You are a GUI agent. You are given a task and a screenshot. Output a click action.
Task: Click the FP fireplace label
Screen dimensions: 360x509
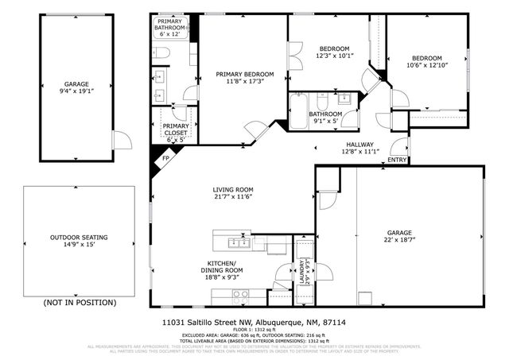pos(165,157)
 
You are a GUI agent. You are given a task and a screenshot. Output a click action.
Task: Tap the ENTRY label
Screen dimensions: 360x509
pos(396,161)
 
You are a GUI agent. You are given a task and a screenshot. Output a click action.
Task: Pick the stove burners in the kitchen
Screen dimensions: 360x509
pos(238,294)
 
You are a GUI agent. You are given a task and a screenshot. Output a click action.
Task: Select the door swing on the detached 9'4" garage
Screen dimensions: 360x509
pos(122,141)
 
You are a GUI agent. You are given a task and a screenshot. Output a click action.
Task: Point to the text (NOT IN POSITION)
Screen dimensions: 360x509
pos(80,303)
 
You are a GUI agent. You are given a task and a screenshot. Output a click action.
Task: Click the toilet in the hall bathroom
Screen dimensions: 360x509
pos(324,103)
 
